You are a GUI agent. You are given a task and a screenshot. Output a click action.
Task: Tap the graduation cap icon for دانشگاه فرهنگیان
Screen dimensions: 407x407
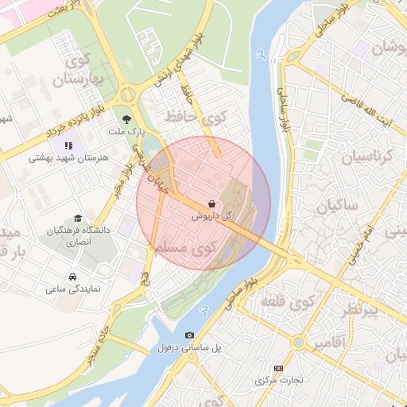77,218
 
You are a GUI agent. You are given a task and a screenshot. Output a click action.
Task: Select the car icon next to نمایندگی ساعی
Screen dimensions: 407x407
72,277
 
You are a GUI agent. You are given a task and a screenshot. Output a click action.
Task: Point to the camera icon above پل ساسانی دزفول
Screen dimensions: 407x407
189,335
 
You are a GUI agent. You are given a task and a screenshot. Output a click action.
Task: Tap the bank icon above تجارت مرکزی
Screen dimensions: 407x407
277,368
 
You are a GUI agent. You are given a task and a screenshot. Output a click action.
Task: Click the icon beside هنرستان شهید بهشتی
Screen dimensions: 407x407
69,145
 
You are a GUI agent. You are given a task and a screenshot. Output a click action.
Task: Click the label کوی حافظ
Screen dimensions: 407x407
195,118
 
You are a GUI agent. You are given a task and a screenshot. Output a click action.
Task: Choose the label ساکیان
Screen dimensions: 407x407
337,207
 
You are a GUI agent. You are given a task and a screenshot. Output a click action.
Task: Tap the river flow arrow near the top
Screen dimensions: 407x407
261,56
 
